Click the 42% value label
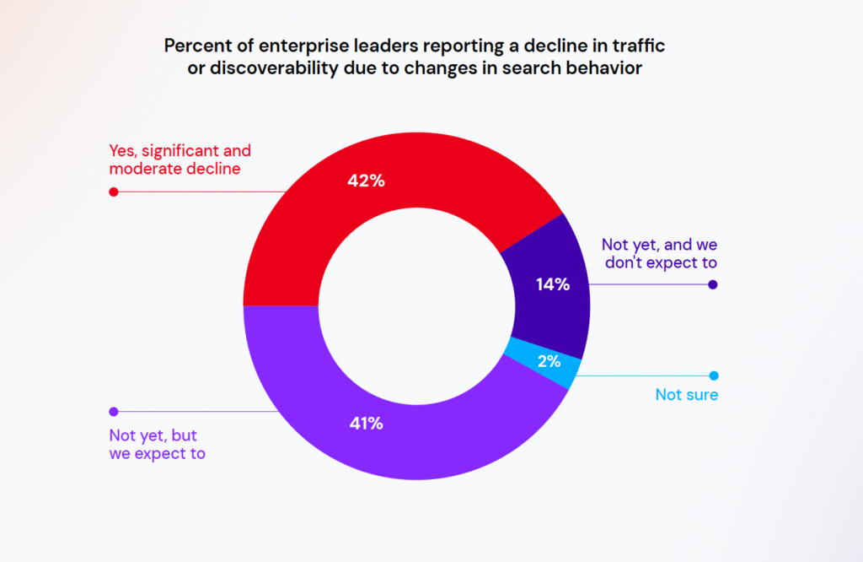(366, 180)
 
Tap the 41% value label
(366, 424)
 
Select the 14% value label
(553, 284)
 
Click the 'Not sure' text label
(686, 395)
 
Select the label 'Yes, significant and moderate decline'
(180, 160)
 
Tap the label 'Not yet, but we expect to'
(158, 445)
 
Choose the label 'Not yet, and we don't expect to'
(659, 253)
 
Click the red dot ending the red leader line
(113, 192)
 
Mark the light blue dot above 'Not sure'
(713, 376)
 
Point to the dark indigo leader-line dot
(713, 284)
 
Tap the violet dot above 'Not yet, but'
(113, 412)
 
